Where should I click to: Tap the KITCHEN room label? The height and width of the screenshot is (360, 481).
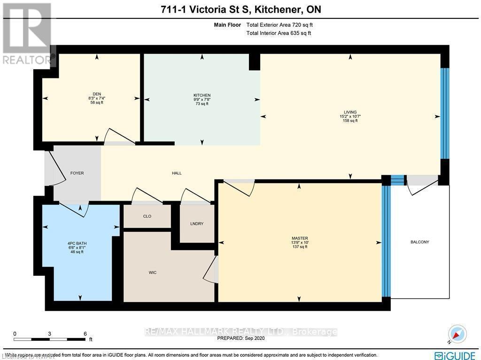[202, 95]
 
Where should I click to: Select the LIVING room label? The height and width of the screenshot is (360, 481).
[350, 112]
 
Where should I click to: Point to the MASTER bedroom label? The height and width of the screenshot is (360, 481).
[299, 238]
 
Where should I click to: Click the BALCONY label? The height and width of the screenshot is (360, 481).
[420, 242]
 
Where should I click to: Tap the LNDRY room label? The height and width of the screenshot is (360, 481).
[197, 224]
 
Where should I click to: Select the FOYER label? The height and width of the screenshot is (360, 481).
[77, 173]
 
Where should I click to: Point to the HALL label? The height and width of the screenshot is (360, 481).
[177, 173]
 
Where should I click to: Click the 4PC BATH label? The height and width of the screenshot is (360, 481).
[77, 243]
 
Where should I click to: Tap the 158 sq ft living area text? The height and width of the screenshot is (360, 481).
[350, 121]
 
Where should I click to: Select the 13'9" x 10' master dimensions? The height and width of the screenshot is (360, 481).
[299, 243]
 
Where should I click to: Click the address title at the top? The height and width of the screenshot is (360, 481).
[240, 9]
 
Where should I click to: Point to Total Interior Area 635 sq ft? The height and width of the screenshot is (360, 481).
[279, 33]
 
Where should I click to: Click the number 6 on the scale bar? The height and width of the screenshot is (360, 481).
[85, 334]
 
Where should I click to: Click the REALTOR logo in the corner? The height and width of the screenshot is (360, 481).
[27, 33]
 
